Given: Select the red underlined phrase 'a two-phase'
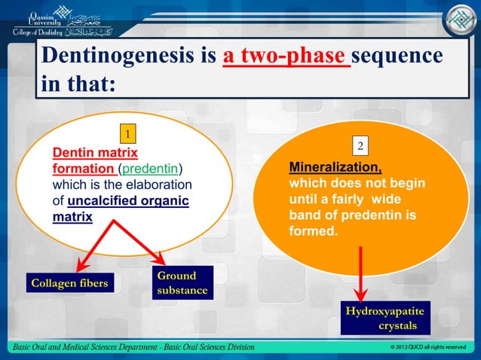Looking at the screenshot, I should (x=286, y=59).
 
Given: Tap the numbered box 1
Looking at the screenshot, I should (x=129, y=135).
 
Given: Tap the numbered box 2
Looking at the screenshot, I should (x=361, y=145).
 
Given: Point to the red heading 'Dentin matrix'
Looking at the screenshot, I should (x=89, y=153).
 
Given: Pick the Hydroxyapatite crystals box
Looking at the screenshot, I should (x=384, y=319).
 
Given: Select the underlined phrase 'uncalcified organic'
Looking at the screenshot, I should (x=127, y=201).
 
